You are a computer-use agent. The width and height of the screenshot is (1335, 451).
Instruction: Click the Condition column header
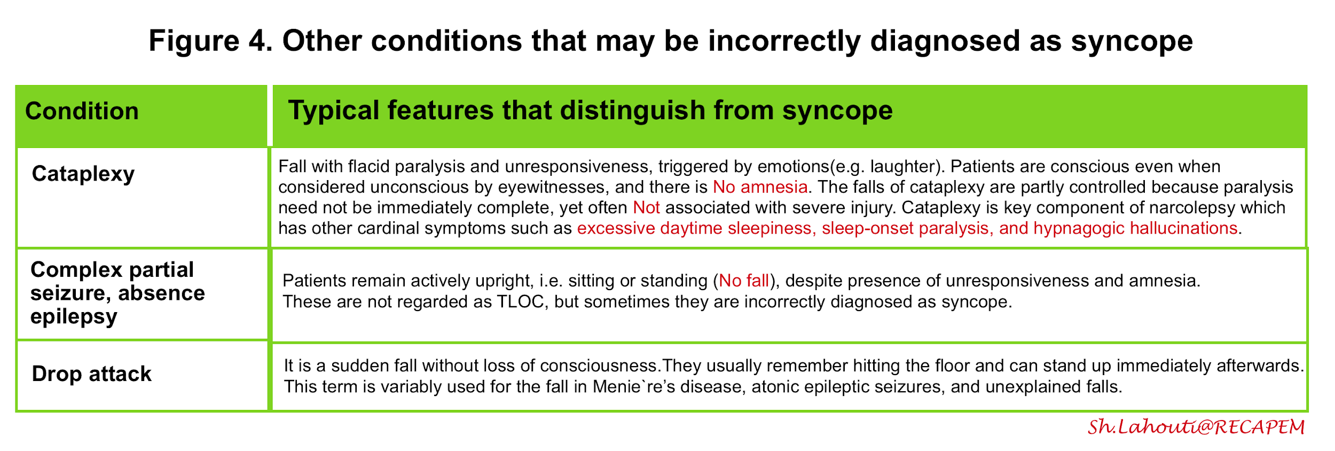82,111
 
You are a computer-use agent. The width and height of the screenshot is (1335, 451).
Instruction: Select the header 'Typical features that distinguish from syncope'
590,111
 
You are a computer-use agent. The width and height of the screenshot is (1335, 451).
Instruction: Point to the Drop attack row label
91,374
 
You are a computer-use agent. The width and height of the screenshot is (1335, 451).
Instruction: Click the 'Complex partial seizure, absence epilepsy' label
117,293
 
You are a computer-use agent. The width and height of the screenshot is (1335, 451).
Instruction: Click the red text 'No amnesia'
760,187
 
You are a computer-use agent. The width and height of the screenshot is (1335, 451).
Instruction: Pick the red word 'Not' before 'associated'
646,207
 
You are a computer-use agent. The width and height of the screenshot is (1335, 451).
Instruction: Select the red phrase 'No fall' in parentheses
744,281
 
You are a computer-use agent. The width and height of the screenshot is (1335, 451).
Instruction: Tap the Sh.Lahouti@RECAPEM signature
1196,427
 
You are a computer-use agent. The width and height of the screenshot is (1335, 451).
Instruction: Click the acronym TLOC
520,302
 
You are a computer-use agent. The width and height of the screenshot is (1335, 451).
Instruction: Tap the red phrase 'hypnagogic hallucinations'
1135,229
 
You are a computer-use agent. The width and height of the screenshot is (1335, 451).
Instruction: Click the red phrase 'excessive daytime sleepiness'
696,229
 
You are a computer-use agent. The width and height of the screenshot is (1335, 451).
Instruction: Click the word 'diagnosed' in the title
945,42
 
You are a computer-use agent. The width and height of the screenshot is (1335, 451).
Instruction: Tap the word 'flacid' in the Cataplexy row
369,167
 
